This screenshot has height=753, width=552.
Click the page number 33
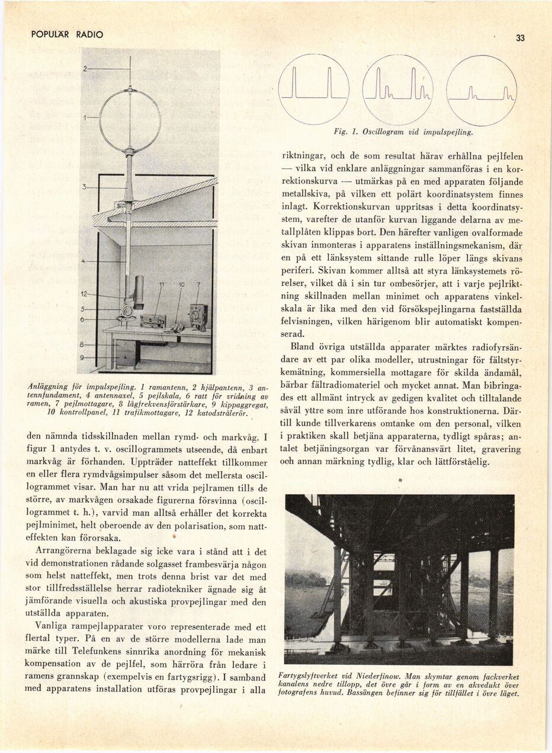tap(520, 38)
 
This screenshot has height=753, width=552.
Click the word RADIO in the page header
tap(89, 35)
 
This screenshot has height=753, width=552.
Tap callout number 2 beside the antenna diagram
tap(85, 69)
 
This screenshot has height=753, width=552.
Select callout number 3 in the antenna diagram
tap(85, 187)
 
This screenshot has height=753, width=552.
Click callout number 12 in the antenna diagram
tap(85, 294)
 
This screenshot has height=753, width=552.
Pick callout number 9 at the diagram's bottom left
tap(85, 357)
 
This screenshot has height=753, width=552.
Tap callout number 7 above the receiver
tap(198, 285)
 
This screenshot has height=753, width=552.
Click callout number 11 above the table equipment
tap(161, 285)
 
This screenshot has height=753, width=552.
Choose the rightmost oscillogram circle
tap(482, 90)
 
